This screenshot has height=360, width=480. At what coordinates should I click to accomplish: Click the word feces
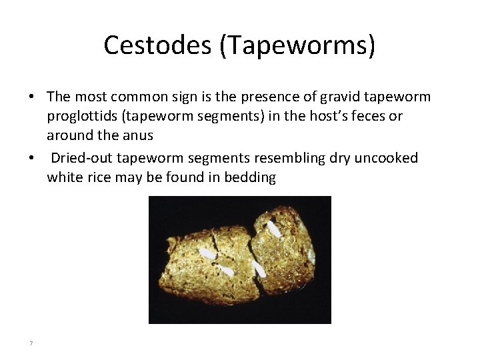click(x=374, y=117)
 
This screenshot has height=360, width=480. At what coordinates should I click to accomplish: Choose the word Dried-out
click(x=84, y=158)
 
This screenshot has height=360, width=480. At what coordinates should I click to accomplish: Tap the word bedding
click(x=249, y=177)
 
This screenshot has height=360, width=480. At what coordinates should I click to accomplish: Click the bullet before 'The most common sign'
click(x=31, y=98)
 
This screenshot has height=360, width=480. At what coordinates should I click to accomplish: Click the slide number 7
click(x=31, y=343)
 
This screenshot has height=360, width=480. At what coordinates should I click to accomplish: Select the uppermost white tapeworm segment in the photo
click(x=273, y=229)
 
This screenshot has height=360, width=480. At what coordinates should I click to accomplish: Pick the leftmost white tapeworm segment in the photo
click(x=208, y=254)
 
